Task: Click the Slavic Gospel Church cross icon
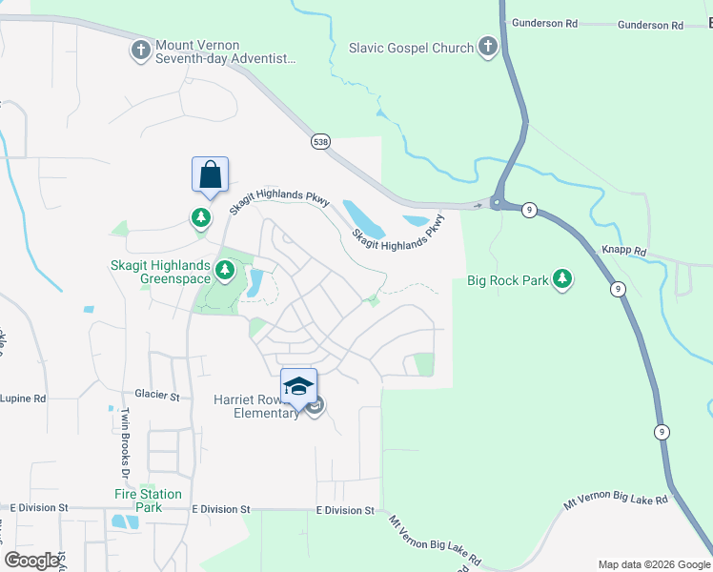tap(487, 47)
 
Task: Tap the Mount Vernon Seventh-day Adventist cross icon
tap(141, 51)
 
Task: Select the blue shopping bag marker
tap(210, 174)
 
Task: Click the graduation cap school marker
tap(298, 385)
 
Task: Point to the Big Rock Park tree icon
tap(563, 280)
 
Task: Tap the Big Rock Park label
tap(507, 281)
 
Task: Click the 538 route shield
tap(320, 141)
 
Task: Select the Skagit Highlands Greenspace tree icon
tap(225, 271)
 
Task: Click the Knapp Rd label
tap(624, 251)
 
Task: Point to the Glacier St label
tap(157, 395)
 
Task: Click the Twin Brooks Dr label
tap(124, 442)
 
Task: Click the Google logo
tap(32, 561)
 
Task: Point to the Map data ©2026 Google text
tap(653, 563)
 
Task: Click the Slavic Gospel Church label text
tap(411, 48)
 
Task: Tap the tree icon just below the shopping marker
tap(201, 218)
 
